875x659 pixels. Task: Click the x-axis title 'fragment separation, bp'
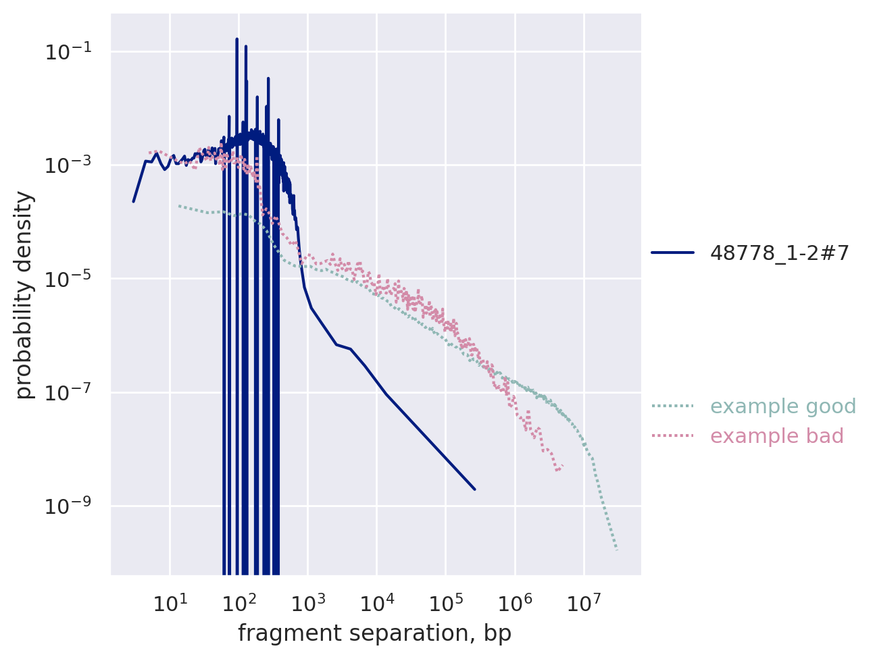tap(374, 633)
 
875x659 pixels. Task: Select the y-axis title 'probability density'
tap(24, 295)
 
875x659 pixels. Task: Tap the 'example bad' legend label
tap(777, 436)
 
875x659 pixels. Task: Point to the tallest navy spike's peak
tap(236, 39)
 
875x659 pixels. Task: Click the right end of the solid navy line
tap(475, 490)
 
